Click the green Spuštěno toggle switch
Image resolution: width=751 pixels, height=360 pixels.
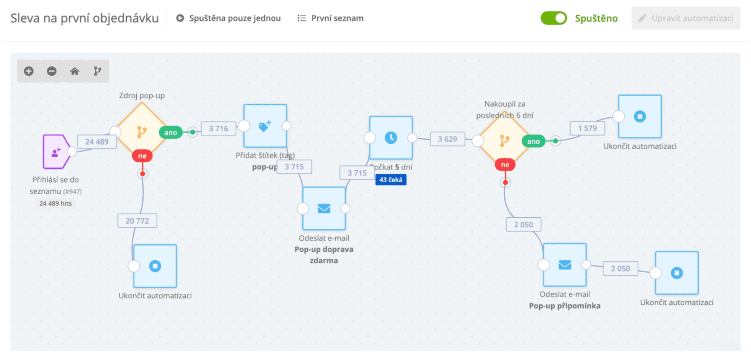click(x=553, y=18)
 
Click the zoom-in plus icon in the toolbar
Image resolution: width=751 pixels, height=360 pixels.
click(x=29, y=71)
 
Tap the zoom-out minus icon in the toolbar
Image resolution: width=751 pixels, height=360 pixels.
click(x=52, y=71)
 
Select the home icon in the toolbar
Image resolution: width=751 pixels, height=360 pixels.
click(x=75, y=71)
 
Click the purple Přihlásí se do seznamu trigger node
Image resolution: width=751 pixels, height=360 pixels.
click(x=56, y=151)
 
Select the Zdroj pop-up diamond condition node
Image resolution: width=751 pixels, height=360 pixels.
click(x=142, y=132)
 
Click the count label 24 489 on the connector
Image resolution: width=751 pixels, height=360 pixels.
click(x=97, y=142)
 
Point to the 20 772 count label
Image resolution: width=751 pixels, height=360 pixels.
click(x=137, y=221)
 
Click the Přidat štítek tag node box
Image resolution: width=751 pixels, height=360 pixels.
click(x=265, y=126)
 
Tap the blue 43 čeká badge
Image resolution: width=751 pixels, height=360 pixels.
click(x=391, y=180)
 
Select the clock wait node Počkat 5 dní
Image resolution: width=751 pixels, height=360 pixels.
click(x=391, y=138)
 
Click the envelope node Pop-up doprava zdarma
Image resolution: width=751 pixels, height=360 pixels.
click(x=324, y=208)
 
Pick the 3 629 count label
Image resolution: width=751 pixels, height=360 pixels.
click(x=447, y=139)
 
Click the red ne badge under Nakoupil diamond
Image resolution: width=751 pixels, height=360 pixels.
click(x=505, y=165)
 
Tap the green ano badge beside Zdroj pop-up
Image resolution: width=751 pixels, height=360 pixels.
click(x=171, y=133)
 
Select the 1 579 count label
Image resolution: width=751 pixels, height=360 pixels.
click(x=588, y=128)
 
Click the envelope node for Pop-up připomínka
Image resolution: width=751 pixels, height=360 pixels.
click(x=565, y=265)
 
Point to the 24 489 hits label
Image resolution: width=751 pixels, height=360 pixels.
click(x=55, y=203)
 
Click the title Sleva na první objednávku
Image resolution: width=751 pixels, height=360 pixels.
click(x=84, y=18)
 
